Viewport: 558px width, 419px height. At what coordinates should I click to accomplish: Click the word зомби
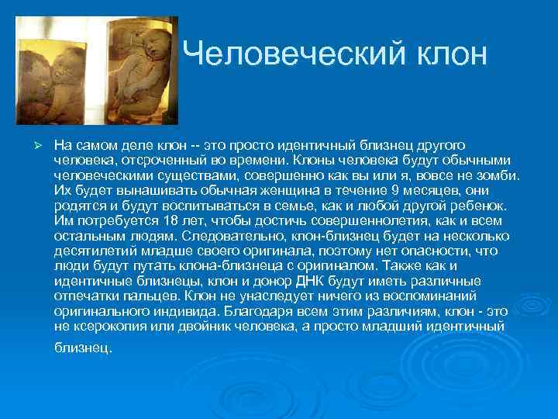(501, 175)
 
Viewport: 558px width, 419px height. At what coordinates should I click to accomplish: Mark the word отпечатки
(85, 296)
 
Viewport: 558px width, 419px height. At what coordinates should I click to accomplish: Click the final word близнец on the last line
(83, 348)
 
